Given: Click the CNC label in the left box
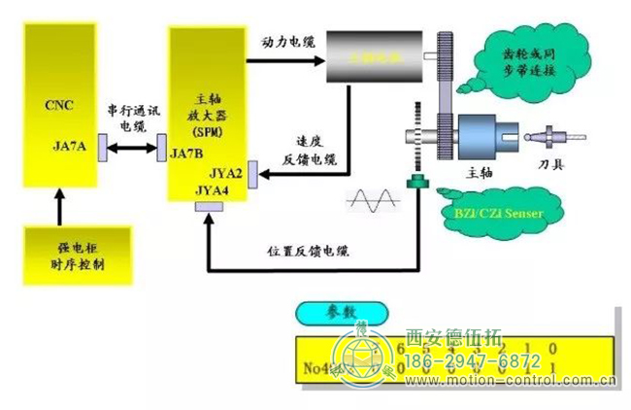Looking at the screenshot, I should (59, 105).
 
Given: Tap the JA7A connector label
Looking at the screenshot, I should (70, 147).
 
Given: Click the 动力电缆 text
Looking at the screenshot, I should (288, 43).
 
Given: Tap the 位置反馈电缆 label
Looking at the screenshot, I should (308, 251).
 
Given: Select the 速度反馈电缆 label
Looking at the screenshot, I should (309, 148).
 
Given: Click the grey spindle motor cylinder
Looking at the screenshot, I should (374, 60).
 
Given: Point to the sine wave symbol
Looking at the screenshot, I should (370, 201).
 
